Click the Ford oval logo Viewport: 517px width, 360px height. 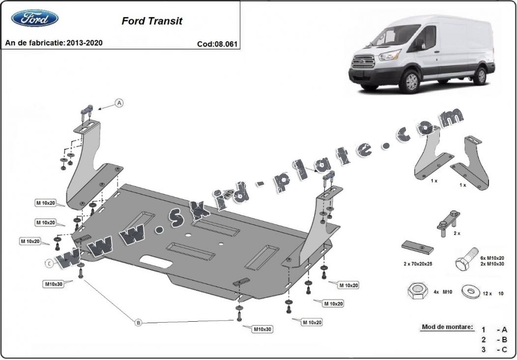[x=35, y=19]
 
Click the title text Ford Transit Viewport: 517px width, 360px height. [x=152, y=21]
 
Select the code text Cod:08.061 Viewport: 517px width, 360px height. [x=217, y=44]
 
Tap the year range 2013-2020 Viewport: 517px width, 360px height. [x=85, y=43]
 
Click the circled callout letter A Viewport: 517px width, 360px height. [x=119, y=103]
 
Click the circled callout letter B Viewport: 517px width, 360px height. [x=139, y=323]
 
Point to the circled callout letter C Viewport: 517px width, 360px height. [x=49, y=264]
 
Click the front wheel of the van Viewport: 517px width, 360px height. [x=409, y=82]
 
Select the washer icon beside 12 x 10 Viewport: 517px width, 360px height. [x=471, y=291]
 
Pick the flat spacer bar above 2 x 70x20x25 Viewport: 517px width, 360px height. [x=418, y=247]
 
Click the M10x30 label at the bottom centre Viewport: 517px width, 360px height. [x=262, y=329]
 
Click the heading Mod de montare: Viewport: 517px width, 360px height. [x=447, y=327]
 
